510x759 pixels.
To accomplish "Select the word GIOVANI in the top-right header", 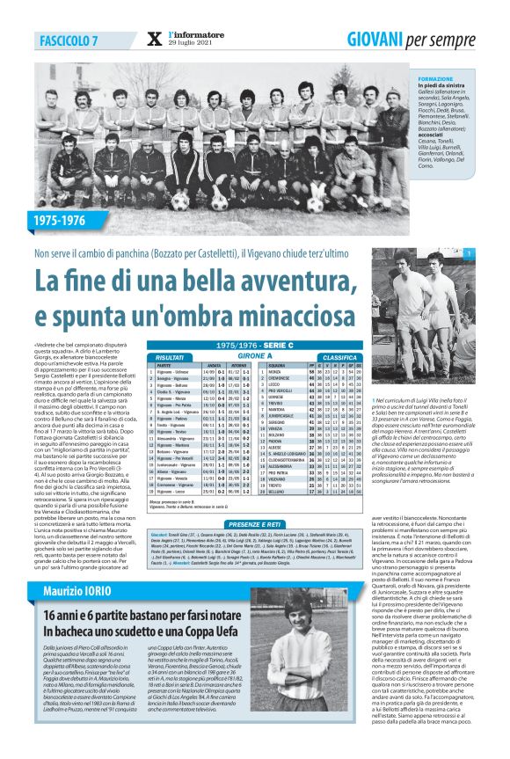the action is pyautogui.click(x=378, y=40).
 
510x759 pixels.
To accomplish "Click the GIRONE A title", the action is pyautogui.click(x=254, y=354).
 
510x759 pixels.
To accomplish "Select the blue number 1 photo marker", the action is pyautogui.click(x=493, y=254).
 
